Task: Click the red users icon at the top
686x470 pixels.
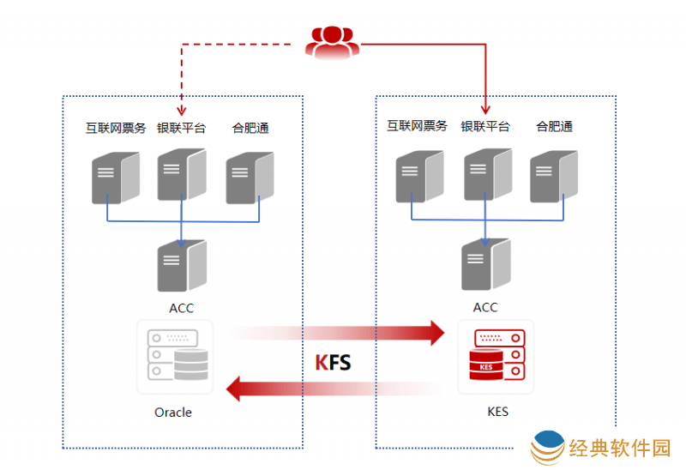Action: coord(332,42)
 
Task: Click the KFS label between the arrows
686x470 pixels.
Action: coord(333,362)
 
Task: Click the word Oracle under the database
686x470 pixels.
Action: coord(173,413)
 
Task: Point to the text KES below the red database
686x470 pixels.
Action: coord(497,412)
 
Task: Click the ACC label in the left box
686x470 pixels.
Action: coord(182,308)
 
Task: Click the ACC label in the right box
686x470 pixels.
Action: coord(485,307)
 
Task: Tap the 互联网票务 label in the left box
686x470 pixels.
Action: coord(116,129)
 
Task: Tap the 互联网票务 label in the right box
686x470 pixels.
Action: coord(418,126)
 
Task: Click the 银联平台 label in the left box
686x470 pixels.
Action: coord(181,129)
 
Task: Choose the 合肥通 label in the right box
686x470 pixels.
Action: coord(555,126)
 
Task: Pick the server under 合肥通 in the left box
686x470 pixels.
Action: coord(250,178)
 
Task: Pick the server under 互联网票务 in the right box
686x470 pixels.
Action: coord(419,177)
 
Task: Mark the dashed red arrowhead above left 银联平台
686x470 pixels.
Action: coord(181,111)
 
